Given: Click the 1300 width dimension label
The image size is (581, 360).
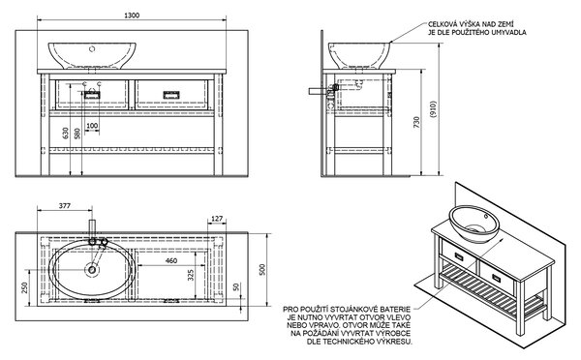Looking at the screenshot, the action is tap(132, 15).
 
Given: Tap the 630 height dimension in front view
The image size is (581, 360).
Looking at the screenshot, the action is tap(66, 133).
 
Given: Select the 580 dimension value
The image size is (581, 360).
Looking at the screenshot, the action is tap(77, 134).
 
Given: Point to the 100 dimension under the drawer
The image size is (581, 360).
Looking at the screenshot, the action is tap(92, 126).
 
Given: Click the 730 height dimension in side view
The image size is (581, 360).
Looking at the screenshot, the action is tap(416, 123).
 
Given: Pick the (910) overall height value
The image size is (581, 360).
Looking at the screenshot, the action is tap(434, 109).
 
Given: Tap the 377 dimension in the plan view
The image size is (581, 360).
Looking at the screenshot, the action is tap(65, 206).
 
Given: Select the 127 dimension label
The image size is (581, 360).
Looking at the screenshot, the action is tap(217, 219).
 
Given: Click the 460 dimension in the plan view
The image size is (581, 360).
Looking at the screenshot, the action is tap(170, 260).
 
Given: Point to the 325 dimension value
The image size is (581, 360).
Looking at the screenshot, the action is tap(191, 275).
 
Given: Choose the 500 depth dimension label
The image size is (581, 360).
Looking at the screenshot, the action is tap(262, 269).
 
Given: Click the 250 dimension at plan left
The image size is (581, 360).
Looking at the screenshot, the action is tap(25, 287).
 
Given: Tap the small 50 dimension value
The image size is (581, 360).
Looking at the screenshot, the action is tap(236, 287).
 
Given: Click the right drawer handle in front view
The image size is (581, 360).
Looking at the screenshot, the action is tap(171, 95).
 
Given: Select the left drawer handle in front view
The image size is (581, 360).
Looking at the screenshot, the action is tap(92, 95).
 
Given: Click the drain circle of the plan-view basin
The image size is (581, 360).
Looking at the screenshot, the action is tap(92, 270).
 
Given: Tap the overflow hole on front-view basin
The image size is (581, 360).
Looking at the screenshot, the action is tap(93, 48).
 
